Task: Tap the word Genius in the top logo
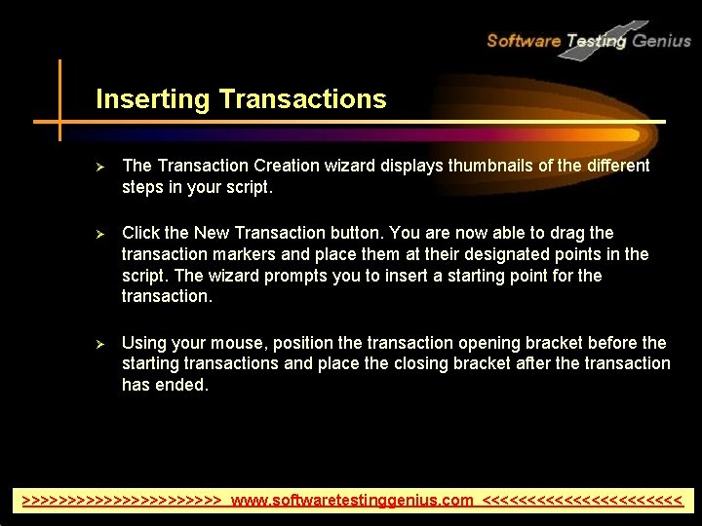[662, 41]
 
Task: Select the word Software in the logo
[524, 41]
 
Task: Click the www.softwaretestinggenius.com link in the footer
[352, 501]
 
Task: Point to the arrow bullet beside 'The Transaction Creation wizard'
[98, 167]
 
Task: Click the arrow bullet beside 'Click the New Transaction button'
[98, 234]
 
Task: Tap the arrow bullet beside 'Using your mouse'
[98, 344]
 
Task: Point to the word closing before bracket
[393, 363]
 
